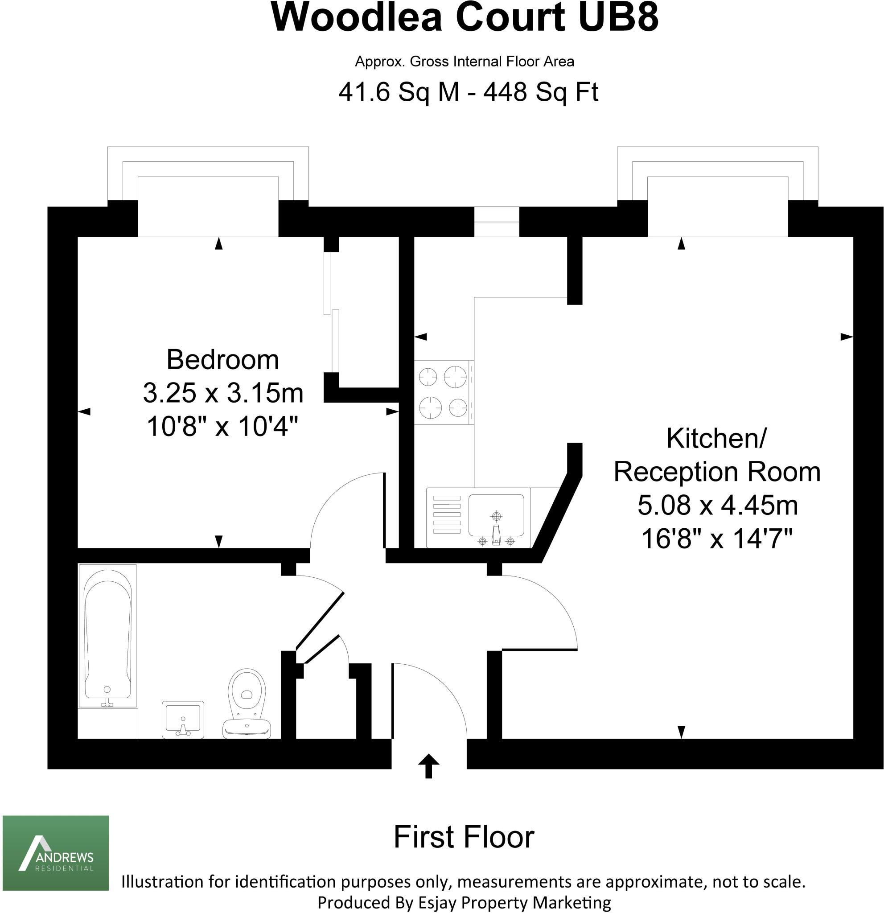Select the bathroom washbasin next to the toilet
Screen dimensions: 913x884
pos(183,719)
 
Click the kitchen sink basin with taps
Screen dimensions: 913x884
pos(496,517)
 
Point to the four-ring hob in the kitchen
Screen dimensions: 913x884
pos(443,392)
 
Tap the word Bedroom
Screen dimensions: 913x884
pos(222,360)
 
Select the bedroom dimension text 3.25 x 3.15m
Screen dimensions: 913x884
pos(222,393)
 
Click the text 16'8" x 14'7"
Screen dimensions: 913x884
pos(717,539)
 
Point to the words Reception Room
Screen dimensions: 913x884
pos(717,472)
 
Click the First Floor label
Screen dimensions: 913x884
pos(464,837)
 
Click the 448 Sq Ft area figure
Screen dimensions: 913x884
pos(540,92)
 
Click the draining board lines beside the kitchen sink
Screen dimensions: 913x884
pos(447,515)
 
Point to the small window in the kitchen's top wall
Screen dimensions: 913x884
pos(496,222)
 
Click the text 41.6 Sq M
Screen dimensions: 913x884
pos(399,92)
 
